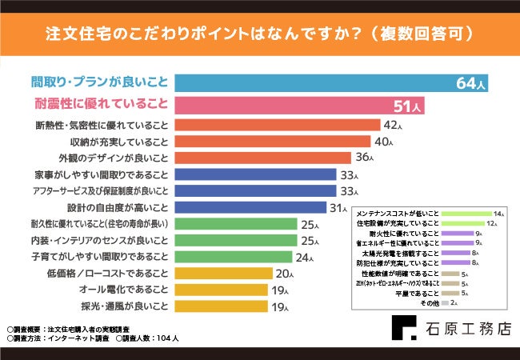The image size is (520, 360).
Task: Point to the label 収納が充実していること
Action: coord(114,142)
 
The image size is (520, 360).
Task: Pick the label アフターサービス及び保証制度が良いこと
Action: coord(101,190)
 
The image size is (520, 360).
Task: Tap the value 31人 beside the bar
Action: coord(338,207)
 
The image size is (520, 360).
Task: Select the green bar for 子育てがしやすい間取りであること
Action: coord(236,257)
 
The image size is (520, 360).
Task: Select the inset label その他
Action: coord(430,304)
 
